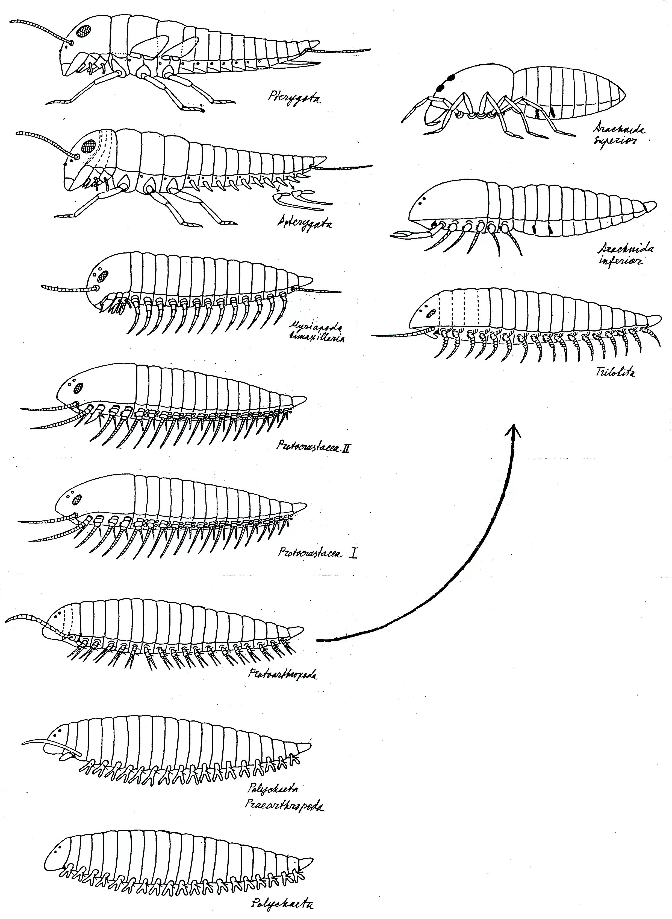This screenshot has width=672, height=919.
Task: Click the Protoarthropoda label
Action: tap(283, 674)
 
